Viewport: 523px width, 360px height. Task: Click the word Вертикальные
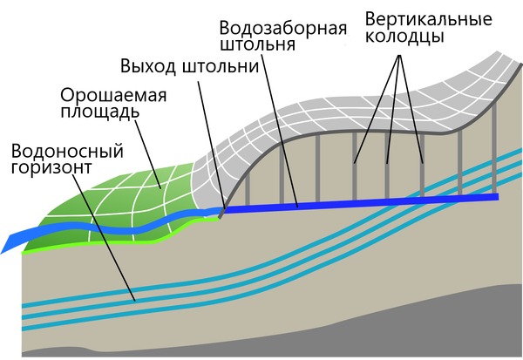click(x=429, y=19)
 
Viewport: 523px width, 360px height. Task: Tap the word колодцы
click(x=404, y=37)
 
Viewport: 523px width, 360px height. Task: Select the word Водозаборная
click(x=283, y=28)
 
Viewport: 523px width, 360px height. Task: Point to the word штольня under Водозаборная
click(x=257, y=44)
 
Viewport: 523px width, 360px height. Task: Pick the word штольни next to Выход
click(x=221, y=66)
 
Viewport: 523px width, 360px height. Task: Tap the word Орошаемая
click(x=113, y=96)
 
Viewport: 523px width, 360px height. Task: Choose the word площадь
click(x=99, y=112)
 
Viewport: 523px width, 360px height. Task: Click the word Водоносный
click(x=67, y=151)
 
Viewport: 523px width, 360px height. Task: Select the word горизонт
click(x=51, y=167)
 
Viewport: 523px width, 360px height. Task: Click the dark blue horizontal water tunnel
click(x=362, y=202)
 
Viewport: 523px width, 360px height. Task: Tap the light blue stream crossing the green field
click(x=110, y=228)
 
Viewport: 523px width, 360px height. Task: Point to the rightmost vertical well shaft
click(x=494, y=147)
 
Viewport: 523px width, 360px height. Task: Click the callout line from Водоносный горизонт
click(x=104, y=238)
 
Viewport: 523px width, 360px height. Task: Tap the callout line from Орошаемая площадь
click(x=148, y=154)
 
